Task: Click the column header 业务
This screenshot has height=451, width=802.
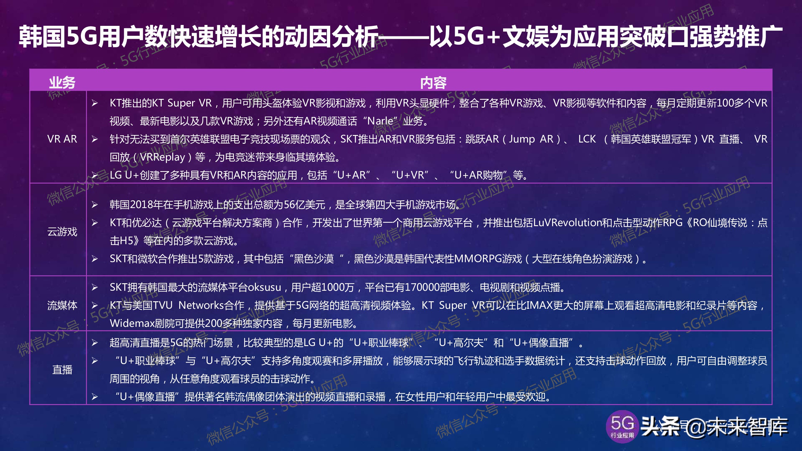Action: [x=62, y=82]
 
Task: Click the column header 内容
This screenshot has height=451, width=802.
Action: [x=433, y=83]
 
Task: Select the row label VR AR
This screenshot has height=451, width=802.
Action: [x=62, y=139]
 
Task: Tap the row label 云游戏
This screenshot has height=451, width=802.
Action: [x=62, y=232]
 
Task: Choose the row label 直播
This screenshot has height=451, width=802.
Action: [x=62, y=370]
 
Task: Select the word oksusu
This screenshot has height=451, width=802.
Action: [x=264, y=287]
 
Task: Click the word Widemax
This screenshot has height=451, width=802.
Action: [x=132, y=324]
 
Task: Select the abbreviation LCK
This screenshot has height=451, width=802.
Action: [x=587, y=139]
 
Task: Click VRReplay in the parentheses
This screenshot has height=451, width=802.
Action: [x=162, y=157]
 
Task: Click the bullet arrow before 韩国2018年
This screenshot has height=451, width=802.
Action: [x=95, y=205]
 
